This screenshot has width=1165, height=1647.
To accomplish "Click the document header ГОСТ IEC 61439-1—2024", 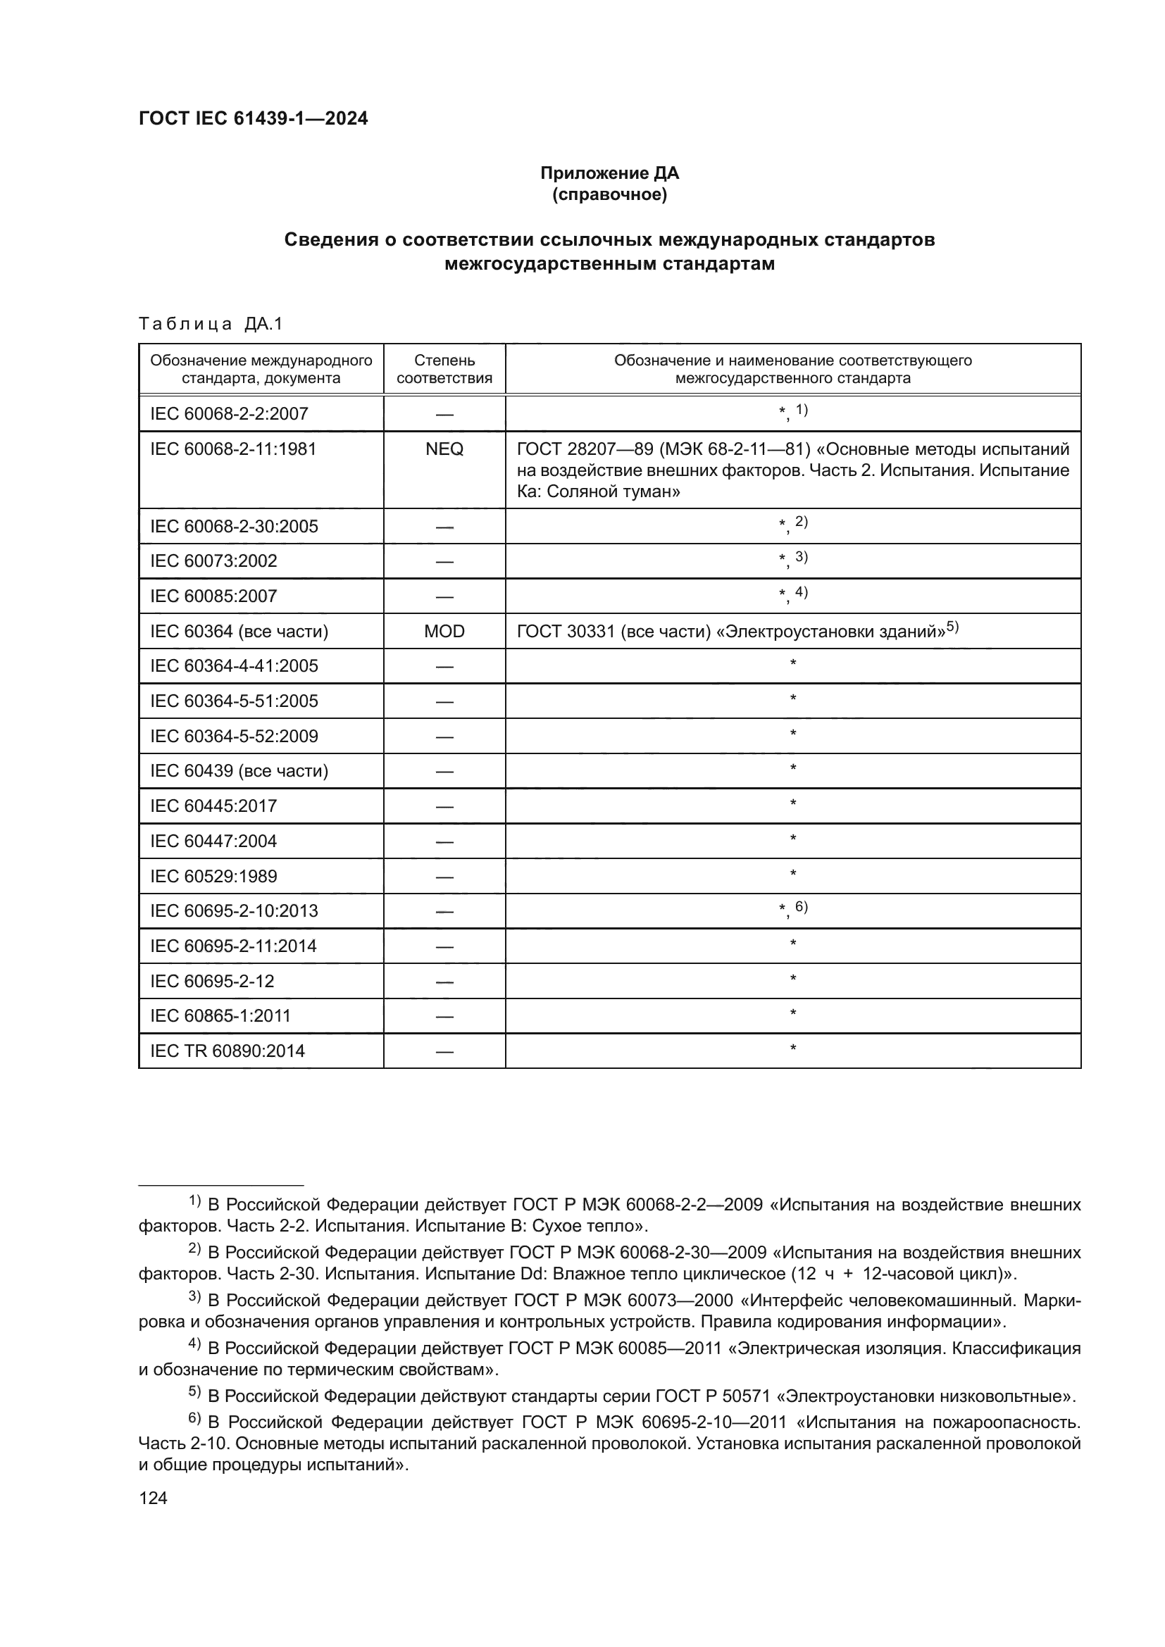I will pos(254,118).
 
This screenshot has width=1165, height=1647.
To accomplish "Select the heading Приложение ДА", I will pos(609,173).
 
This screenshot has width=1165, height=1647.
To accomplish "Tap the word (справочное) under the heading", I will pos(609,194).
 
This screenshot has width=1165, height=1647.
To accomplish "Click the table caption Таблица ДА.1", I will pos(211,324).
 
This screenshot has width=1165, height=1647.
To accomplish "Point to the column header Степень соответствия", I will pos(444,369).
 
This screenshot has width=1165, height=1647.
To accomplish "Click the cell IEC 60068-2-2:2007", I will pos(229,414).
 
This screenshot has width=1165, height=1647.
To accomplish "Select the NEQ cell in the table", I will pos(444,449).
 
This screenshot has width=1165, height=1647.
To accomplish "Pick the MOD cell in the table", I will pos(444,631).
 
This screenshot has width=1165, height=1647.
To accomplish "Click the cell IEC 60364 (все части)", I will pos(239,631).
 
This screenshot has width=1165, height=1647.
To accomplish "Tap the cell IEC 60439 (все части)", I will pos(239,771).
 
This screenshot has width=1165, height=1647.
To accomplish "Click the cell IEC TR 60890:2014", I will pos(228,1051).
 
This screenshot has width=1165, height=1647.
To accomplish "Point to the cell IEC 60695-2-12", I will pos(211,981).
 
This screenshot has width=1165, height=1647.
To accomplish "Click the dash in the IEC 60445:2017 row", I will pos(444,807).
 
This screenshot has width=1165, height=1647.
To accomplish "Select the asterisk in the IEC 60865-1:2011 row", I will pos(792,1013).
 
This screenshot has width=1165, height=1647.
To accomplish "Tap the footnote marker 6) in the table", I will pos(802,907).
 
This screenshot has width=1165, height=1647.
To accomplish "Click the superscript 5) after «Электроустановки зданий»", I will pos(952,627).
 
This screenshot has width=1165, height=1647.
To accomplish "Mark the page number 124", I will pos(153,1498).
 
